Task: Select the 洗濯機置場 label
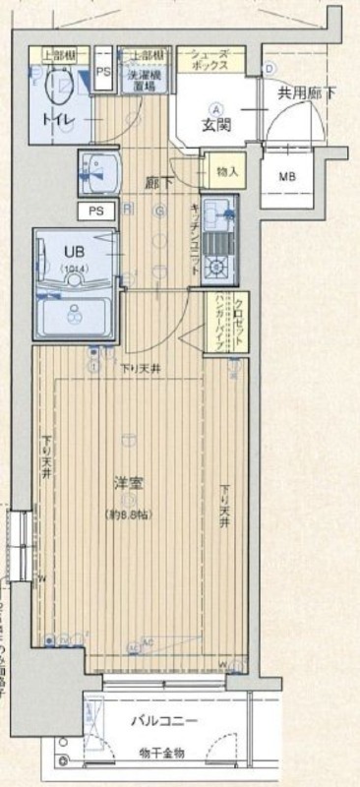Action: (144, 80)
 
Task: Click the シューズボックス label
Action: (210, 59)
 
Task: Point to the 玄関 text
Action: (217, 125)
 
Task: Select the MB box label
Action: (286, 177)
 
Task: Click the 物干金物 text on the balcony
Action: (164, 755)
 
